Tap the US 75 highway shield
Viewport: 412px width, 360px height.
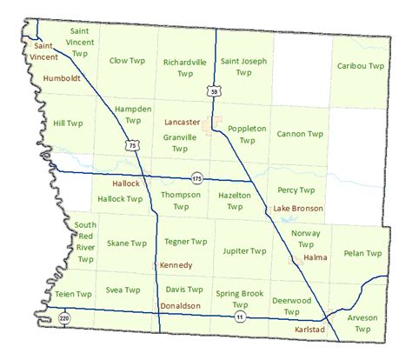click(x=131, y=146)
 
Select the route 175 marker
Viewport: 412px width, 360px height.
click(x=198, y=177)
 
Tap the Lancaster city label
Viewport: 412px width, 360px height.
click(x=182, y=123)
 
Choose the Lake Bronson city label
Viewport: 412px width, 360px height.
click(x=298, y=209)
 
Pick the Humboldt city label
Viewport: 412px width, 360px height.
click(x=62, y=77)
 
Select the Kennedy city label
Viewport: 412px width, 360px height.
click(x=175, y=264)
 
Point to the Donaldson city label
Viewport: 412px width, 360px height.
click(x=181, y=306)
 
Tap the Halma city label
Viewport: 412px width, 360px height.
click(x=315, y=257)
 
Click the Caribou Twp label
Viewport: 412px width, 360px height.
click(x=360, y=66)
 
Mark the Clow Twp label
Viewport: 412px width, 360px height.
click(x=127, y=61)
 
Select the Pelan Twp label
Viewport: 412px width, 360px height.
click(x=362, y=253)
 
